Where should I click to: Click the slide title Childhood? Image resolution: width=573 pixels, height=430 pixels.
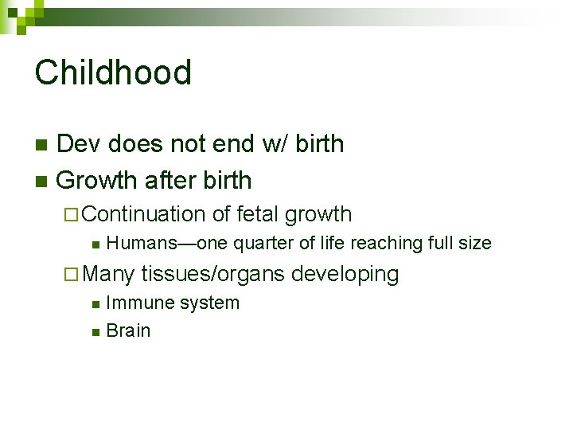[113, 72]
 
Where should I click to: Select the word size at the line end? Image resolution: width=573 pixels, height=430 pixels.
[474, 243]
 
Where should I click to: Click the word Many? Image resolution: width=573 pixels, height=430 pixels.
[108, 274]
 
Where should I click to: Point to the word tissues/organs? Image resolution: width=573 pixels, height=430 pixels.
[212, 274]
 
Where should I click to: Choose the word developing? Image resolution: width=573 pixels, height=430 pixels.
[345, 274]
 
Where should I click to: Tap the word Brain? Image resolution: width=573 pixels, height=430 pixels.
[127, 331]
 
